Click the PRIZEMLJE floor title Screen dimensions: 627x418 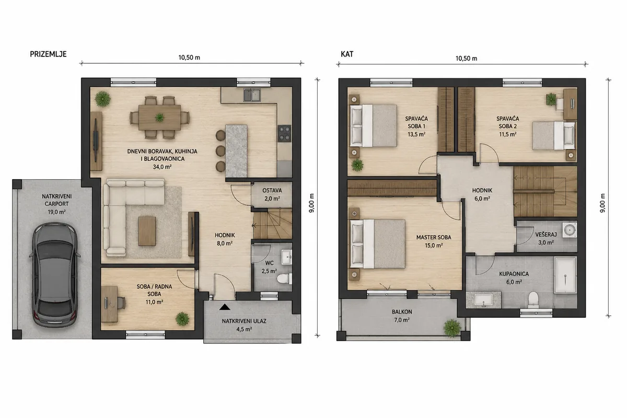point(48,54)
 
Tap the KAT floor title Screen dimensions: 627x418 point(347,54)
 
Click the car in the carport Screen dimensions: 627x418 point(55,275)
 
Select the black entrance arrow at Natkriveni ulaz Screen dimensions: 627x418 point(225,307)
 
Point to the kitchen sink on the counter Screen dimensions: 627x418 point(252,95)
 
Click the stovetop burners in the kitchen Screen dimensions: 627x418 point(284,134)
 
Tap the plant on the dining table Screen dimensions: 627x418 point(159,118)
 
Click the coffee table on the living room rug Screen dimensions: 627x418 point(147,231)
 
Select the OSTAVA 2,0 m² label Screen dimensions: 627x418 point(272,194)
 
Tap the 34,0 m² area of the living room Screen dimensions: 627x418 point(162,167)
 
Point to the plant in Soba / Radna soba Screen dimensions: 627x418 point(182,319)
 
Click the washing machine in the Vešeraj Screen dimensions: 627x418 point(570,230)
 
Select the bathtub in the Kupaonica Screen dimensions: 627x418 point(565,275)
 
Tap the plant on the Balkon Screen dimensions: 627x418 point(452,328)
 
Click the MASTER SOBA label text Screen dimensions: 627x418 point(434,237)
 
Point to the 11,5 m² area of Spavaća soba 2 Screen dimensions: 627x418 point(508,134)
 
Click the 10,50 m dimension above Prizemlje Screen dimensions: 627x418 point(189,57)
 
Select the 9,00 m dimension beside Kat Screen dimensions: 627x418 point(602,203)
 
